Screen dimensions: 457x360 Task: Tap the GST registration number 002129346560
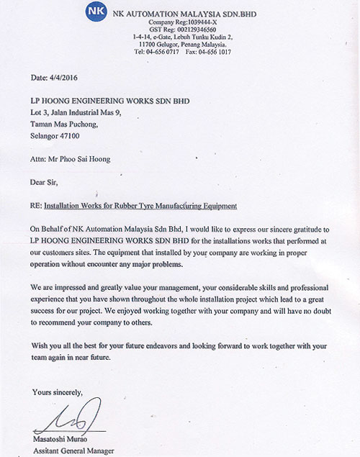coord(207,30)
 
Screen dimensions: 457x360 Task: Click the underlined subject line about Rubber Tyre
coord(140,206)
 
